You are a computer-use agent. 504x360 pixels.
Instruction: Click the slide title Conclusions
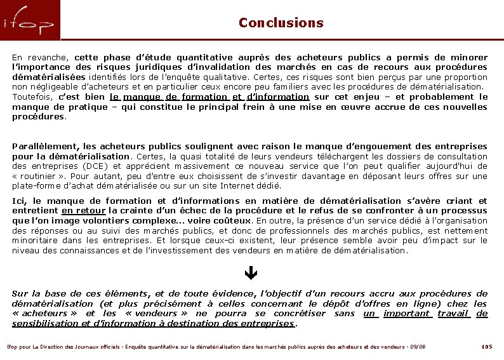(x=281, y=23)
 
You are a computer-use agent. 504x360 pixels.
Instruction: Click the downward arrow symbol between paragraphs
(x=249, y=275)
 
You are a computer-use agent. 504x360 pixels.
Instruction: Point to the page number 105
(x=486, y=347)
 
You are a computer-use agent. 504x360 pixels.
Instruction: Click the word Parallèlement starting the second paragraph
(x=41, y=146)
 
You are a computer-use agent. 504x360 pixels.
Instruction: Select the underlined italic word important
(x=408, y=313)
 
